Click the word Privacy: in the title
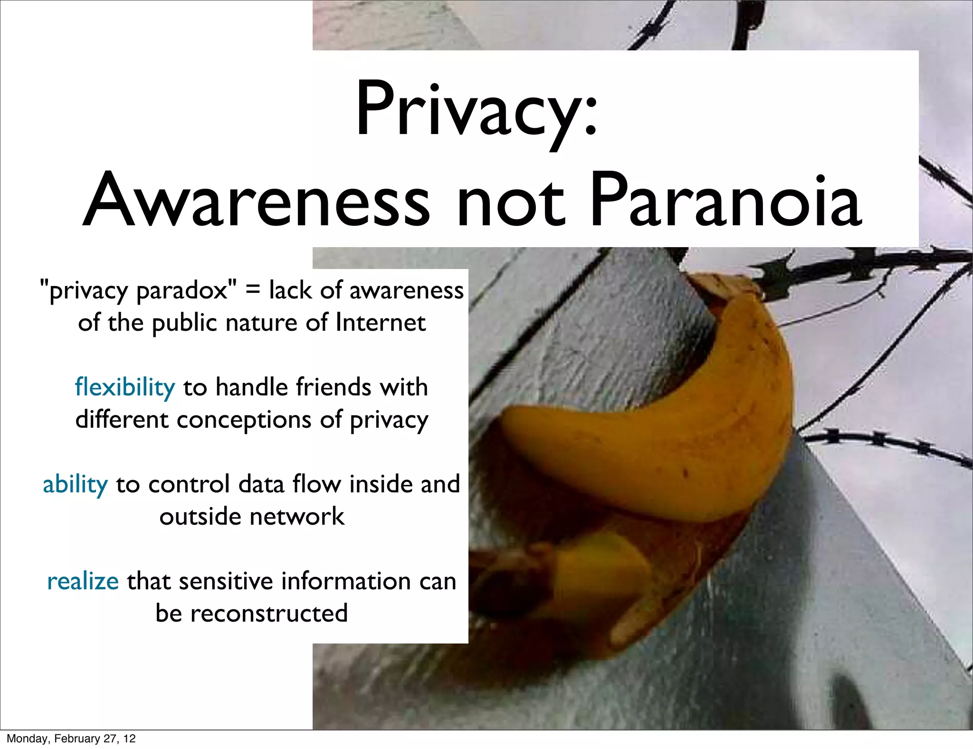tap(476, 110)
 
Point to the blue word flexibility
tap(125, 387)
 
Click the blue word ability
tap(75, 485)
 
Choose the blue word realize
tap(83, 582)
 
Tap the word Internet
tap(381, 323)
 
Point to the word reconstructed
tap(269, 614)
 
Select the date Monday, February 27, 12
tap(71, 739)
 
